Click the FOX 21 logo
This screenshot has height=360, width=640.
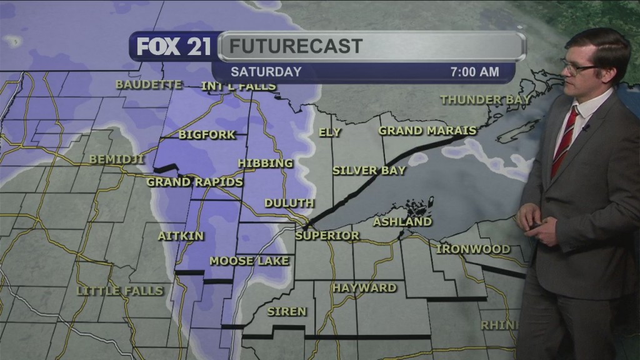[174, 47]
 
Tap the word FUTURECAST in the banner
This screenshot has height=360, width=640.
[295, 46]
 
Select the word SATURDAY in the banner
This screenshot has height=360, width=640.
[266, 72]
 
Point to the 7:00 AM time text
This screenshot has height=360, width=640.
[474, 72]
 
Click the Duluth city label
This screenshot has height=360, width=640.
[289, 204]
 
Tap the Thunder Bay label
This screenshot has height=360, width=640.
[486, 99]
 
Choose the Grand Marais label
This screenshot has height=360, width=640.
[427, 131]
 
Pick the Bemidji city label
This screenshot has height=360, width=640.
[117, 159]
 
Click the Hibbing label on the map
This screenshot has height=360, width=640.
[265, 163]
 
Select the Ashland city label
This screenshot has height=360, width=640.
[402, 221]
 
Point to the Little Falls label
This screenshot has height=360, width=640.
[119, 291]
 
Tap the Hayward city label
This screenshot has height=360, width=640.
[364, 287]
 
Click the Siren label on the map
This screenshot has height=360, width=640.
[287, 311]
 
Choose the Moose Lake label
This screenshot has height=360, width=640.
[249, 261]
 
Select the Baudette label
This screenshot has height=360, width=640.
[149, 84]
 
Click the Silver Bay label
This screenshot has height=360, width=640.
[369, 170]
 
